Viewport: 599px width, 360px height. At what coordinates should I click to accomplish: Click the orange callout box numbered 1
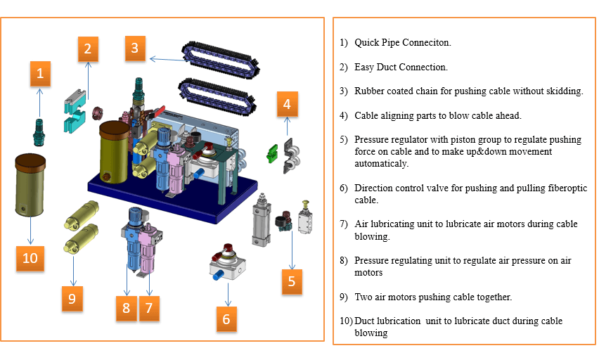coord(40,72)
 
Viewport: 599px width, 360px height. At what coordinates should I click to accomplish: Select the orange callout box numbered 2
coord(87,49)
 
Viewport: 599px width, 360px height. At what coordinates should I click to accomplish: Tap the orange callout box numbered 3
coord(136,49)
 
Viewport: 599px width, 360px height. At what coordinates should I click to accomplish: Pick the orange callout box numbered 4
coord(286,104)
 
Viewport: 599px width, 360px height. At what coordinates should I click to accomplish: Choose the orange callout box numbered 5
coord(292,282)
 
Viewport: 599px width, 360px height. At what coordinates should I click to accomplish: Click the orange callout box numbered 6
coord(226,319)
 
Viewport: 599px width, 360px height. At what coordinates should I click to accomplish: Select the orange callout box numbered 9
coord(71,298)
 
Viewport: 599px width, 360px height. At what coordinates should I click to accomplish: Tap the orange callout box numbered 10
coord(30,258)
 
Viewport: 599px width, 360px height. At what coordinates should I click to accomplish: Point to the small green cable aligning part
coord(270,152)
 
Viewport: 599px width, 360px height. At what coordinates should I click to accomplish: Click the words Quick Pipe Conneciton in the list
coord(402,43)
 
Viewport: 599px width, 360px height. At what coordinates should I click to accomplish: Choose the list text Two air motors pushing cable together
coord(433,297)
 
